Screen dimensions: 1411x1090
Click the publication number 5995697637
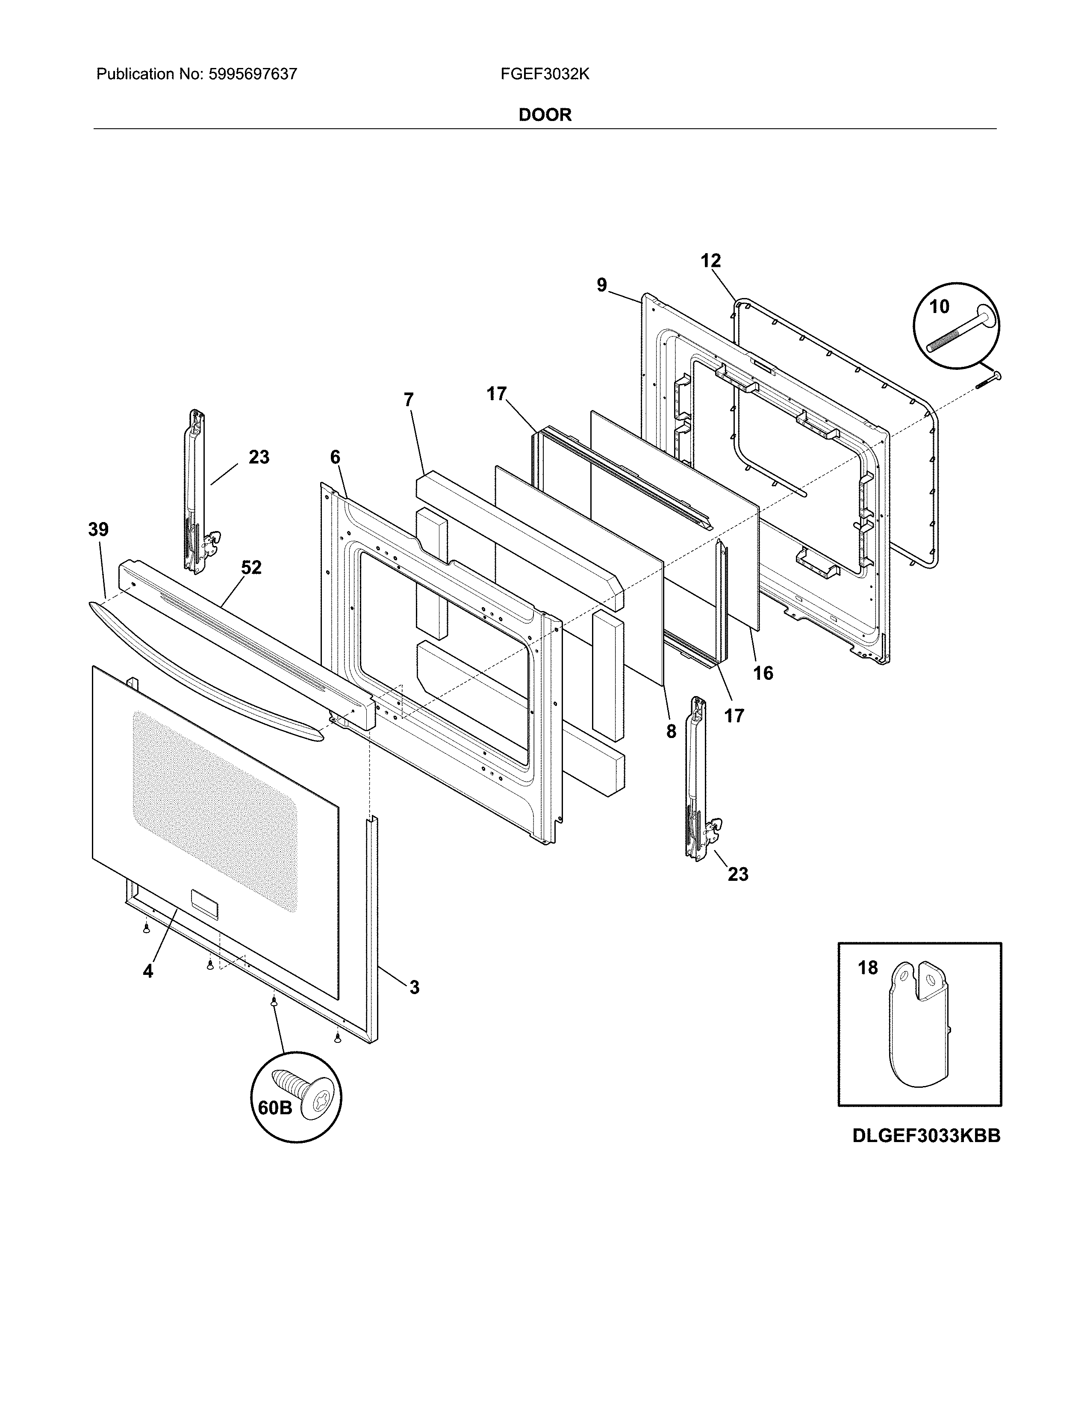(x=253, y=74)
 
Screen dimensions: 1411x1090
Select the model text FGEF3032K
(x=544, y=74)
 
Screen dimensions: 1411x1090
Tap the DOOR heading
(x=544, y=115)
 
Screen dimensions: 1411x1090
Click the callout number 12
(x=710, y=261)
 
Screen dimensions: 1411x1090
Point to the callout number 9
(x=602, y=285)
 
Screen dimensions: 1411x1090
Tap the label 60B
(x=274, y=1107)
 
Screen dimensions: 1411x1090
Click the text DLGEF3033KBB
(x=926, y=1154)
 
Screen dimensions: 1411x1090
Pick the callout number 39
(x=98, y=530)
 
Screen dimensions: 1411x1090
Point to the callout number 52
(x=251, y=568)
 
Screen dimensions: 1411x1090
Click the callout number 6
(x=335, y=458)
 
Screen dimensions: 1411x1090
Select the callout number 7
(x=408, y=400)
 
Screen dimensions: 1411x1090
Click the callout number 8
(x=671, y=731)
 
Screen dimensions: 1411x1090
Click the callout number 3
(x=414, y=987)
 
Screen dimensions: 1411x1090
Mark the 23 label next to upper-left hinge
(x=259, y=458)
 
